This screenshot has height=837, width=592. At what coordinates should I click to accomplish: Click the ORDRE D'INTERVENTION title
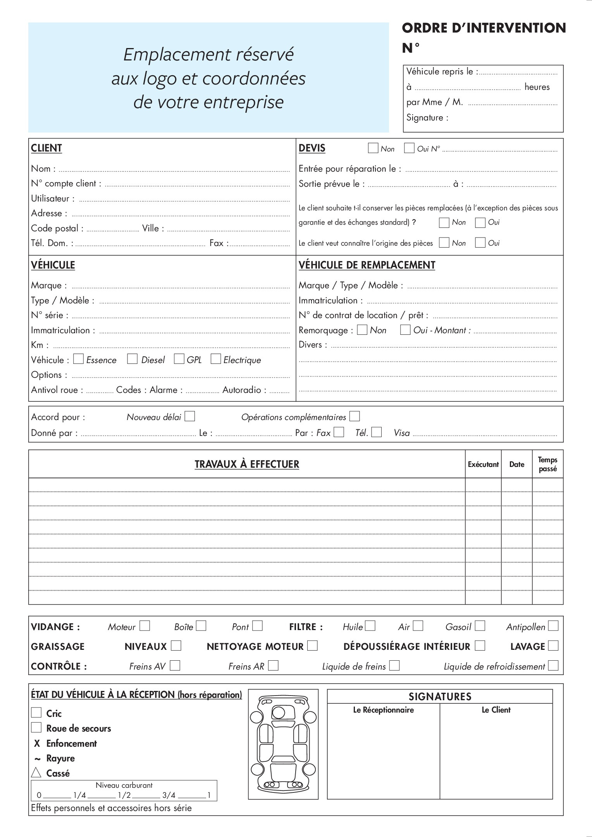tap(484, 28)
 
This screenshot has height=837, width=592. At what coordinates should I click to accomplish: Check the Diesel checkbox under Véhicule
tap(133, 359)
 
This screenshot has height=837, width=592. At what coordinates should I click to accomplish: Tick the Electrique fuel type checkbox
tap(216, 359)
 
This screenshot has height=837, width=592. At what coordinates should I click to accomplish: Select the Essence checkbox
tap(78, 359)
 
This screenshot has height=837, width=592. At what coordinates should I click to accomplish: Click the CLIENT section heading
tap(46, 148)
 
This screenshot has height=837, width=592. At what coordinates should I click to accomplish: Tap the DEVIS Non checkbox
tap(373, 148)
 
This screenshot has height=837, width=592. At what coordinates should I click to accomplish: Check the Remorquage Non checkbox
tap(362, 330)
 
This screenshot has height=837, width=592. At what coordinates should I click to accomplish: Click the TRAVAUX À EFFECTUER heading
tap(247, 464)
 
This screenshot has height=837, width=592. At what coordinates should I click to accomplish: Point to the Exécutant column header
tap(483, 464)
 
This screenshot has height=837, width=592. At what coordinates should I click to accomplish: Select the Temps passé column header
tap(547, 464)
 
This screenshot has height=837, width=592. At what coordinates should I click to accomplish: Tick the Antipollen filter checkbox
tap(553, 626)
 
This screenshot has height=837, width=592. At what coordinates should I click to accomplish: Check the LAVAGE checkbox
tap(553, 646)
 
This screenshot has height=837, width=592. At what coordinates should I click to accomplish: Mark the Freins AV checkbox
tap(175, 666)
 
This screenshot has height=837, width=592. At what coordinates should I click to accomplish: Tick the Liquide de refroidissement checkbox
tap(553, 666)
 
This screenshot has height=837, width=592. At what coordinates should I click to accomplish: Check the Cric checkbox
tap(36, 713)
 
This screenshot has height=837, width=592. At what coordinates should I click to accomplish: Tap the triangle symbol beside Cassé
tap(36, 773)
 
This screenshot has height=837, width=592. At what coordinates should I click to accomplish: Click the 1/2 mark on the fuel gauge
tap(124, 796)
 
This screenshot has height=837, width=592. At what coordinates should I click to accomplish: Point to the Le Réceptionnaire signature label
tap(383, 710)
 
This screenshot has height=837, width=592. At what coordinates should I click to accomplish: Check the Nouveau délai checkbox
tap(190, 417)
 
